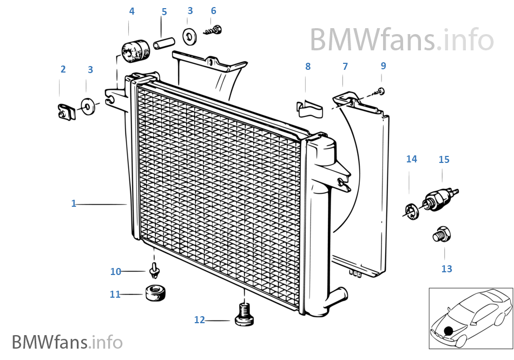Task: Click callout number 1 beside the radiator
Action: point(74,204)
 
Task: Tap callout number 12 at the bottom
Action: point(199,320)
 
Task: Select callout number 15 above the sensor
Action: point(444,160)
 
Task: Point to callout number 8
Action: point(308,67)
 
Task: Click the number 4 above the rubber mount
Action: point(132,11)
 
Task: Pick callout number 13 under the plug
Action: point(447,269)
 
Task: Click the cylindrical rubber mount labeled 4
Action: point(135,51)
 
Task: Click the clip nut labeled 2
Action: point(67,112)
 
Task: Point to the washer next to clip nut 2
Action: point(88,106)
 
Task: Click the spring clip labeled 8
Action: point(310,108)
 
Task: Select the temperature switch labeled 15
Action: point(439,199)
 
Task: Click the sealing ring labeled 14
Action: point(411,212)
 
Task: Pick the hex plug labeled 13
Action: point(441,234)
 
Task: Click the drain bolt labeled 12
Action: point(244,315)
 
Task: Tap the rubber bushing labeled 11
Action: point(155,293)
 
